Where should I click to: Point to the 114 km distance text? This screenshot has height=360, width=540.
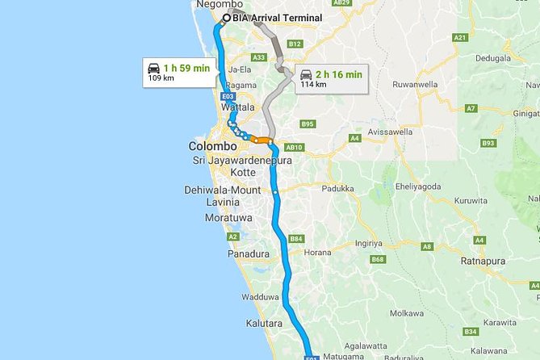coord(313,83)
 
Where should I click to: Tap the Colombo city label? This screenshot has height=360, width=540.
coord(212,147)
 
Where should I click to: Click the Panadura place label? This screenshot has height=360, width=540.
coord(249,253)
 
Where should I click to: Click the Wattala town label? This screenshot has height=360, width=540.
coord(239,107)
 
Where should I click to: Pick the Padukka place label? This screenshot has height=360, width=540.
coord(338,188)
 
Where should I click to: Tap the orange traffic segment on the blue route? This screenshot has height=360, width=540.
coord(260,140)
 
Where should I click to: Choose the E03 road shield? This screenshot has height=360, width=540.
coord(228,96)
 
